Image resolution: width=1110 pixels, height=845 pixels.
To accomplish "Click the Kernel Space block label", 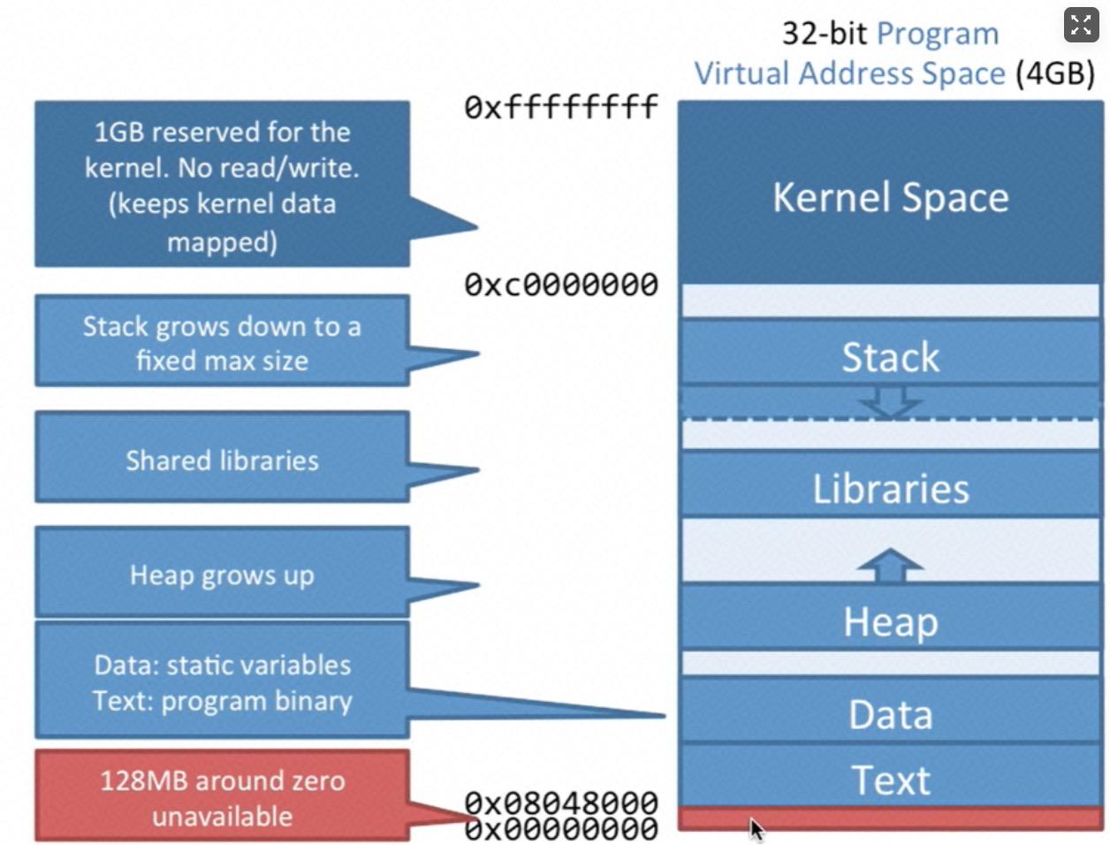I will pyautogui.click(x=890, y=197).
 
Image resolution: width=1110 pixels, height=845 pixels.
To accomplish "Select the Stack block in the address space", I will pyautogui.click(x=890, y=357).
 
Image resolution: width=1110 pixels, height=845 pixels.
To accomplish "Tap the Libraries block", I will pyautogui.click(x=890, y=489).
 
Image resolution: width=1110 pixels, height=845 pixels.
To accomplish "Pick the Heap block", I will pyautogui.click(x=890, y=621).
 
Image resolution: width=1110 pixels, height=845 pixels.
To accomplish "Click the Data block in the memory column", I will pyautogui.click(x=890, y=714).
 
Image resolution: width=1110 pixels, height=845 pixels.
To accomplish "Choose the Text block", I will pyautogui.click(x=890, y=780).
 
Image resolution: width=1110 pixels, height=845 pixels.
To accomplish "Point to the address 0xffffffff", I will pyautogui.click(x=561, y=107).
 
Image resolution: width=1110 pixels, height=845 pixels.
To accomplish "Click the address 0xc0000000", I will pyautogui.click(x=561, y=285).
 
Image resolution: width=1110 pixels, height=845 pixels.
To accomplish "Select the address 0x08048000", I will pyautogui.click(x=561, y=802).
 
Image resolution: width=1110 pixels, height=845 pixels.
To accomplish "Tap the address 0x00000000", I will pyautogui.click(x=561, y=830).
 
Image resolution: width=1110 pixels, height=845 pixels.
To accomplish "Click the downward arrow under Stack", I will pyautogui.click(x=890, y=402).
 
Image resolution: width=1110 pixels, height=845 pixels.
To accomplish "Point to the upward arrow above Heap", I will pyautogui.click(x=890, y=565).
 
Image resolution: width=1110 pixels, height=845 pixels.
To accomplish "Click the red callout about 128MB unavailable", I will pyautogui.click(x=222, y=797).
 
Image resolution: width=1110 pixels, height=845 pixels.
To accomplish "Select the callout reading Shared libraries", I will pyautogui.click(x=222, y=460).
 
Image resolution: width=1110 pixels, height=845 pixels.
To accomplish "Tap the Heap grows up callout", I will pyautogui.click(x=222, y=575).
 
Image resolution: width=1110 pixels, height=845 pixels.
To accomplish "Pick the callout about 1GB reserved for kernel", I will pyautogui.click(x=222, y=186).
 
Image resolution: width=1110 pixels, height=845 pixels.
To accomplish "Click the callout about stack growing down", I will pyautogui.click(x=222, y=343).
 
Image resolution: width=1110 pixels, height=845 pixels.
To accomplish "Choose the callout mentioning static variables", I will pyautogui.click(x=222, y=681).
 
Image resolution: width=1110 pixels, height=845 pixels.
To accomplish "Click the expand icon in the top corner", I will pyautogui.click(x=1081, y=25).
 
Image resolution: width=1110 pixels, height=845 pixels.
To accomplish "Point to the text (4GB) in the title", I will pyautogui.click(x=1055, y=72).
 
